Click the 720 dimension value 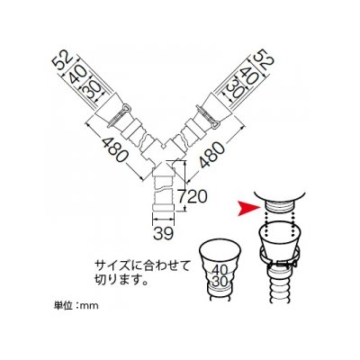tap(193, 197)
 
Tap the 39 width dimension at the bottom tap(164, 233)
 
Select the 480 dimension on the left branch tap(115, 149)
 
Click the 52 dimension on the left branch tap(62, 61)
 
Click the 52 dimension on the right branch tap(264, 60)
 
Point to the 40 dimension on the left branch tap(76, 76)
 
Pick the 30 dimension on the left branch tap(90, 90)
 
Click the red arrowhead tap(247, 209)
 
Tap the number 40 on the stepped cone tap(220, 271)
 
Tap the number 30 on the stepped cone tap(220, 281)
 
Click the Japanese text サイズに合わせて tap(142, 266)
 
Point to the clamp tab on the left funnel tap(125, 108)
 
